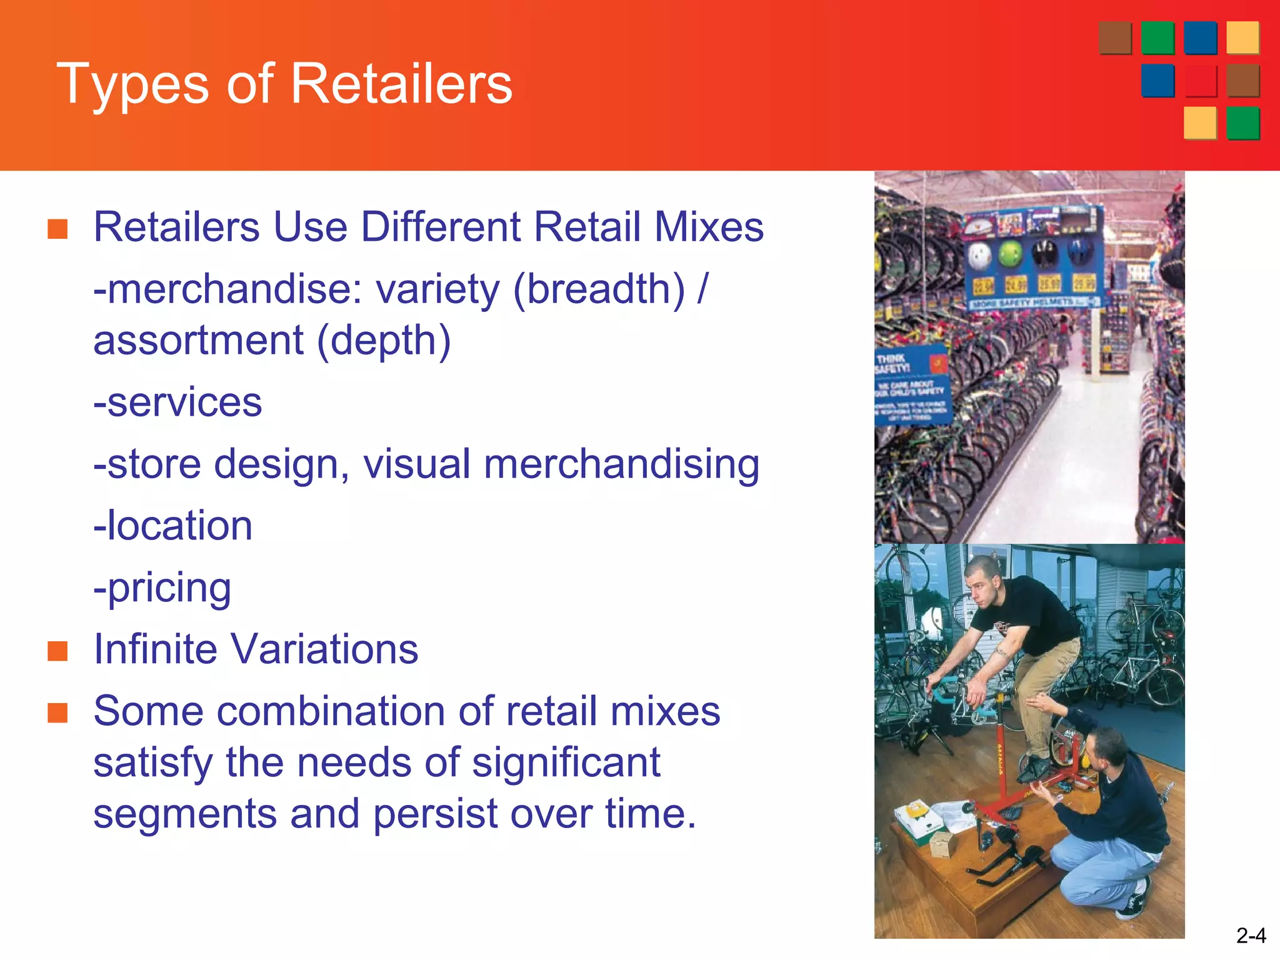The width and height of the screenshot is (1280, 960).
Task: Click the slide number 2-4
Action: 1251,936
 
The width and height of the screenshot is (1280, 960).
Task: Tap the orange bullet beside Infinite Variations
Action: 57,651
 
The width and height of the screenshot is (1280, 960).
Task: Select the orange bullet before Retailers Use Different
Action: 57,229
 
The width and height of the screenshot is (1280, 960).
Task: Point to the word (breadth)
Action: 599,290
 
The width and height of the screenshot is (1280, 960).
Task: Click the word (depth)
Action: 384,341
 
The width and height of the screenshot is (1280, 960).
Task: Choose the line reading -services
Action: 177,402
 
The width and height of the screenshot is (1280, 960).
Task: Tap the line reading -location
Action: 172,525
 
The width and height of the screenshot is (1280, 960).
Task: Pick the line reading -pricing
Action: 162,588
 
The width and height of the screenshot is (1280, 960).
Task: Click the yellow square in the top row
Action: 1242,37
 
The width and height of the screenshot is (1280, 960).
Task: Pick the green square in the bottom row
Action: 1242,123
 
